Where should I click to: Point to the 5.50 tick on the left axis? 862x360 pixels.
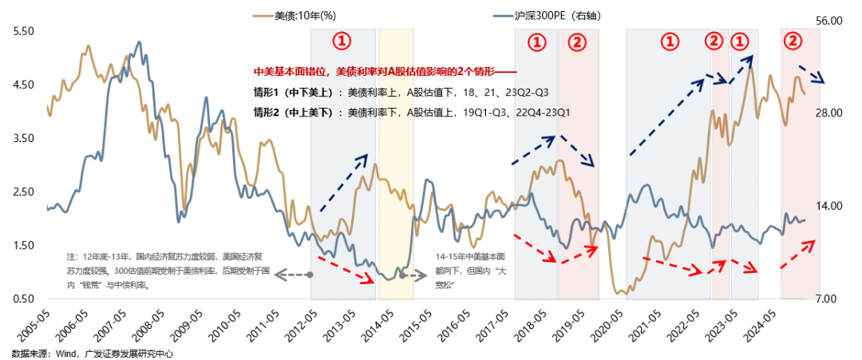pyautogui.click(x=24, y=30)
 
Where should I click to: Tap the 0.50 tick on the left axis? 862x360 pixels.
pyautogui.click(x=24, y=299)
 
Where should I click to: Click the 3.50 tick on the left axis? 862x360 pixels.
pyautogui.click(x=24, y=138)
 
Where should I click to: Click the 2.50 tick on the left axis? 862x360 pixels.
pyautogui.click(x=24, y=192)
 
